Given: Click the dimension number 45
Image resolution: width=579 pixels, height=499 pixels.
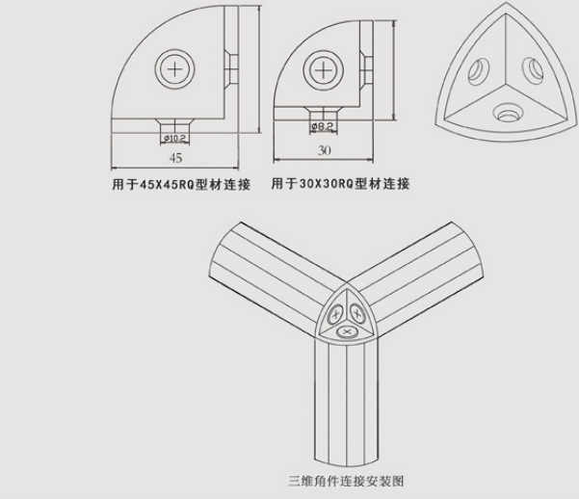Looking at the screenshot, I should pos(175,158).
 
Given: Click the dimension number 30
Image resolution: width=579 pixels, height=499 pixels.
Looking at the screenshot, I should pos(323,149).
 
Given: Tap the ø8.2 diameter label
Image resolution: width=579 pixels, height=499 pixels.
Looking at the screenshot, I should pos(322,126).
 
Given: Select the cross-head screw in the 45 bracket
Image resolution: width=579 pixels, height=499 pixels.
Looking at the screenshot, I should pos(175,70).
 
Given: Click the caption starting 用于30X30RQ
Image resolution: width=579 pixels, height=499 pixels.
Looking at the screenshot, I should pos(340,183).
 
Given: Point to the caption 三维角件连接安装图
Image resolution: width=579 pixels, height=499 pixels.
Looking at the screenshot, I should pos(346,478).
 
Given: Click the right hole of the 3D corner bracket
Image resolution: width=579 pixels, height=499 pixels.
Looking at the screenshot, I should pos(530,69).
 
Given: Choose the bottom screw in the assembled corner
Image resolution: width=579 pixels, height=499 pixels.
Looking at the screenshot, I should pos(347,331).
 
